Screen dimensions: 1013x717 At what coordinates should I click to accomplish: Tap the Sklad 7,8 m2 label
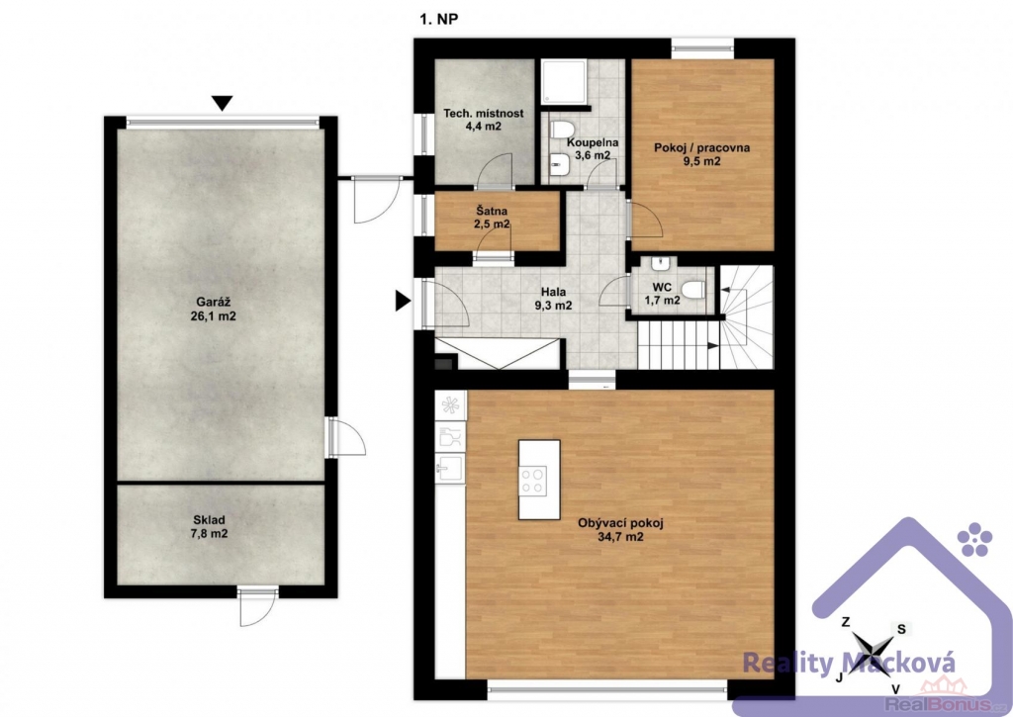pos(210,526)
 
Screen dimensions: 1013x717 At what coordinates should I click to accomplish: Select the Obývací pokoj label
pos(620,530)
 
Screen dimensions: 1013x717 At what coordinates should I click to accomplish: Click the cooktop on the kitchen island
pos(533,481)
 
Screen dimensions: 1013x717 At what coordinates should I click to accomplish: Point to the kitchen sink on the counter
pos(450,466)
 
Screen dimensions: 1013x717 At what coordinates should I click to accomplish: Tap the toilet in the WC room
pos(691,290)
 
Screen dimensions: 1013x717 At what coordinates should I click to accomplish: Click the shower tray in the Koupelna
pos(563,82)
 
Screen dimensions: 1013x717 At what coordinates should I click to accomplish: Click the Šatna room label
pos(492,218)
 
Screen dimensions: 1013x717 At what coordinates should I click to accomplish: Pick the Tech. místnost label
pos(483,120)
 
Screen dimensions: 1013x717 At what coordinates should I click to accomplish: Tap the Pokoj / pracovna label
pos(702,153)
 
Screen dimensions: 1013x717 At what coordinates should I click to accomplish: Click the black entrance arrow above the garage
pos(223,103)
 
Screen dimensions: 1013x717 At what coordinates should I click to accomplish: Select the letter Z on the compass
pos(846,622)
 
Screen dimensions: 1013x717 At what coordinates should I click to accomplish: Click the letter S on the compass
pos(902,629)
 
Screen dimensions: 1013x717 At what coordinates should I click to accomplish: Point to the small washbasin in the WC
pos(660,263)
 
